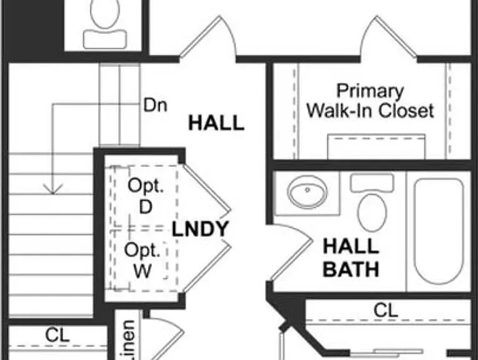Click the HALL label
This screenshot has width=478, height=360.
pos(216,123)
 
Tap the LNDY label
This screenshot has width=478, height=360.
pos(201,229)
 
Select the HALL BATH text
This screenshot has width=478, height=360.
pos(351,258)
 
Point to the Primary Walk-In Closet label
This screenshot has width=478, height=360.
pos(370,101)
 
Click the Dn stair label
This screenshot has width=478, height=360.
pos(156,105)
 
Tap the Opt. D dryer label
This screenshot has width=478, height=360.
pos(146,196)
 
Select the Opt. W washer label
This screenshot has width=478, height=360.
pos(142,261)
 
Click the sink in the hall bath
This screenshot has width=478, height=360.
pos(307,192)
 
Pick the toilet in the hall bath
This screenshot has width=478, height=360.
pos(372,202)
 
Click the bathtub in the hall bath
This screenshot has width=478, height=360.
pos(439,231)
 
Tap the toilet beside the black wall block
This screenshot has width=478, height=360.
pos(105,24)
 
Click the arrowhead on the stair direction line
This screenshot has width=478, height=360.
pos(52,189)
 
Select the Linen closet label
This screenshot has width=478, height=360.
pos(127,340)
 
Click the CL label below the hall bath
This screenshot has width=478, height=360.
pos(386,311)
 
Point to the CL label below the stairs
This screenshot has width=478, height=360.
pos(57,335)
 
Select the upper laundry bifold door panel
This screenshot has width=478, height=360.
pos(206,187)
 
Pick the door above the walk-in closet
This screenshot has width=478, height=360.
pos(389,37)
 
